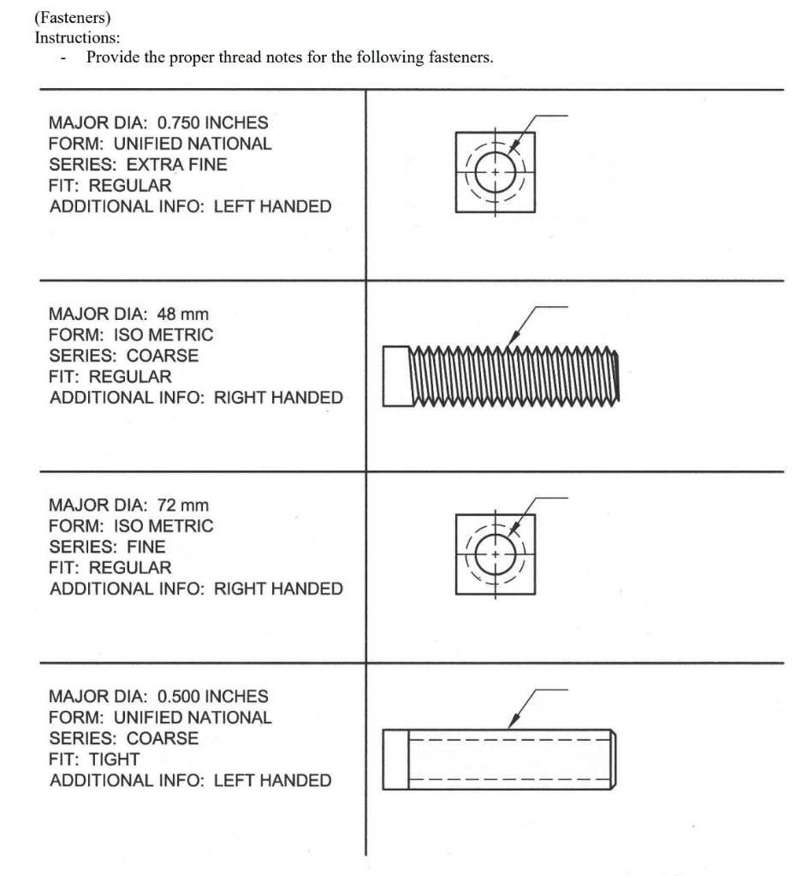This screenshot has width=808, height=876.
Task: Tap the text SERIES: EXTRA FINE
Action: point(139,164)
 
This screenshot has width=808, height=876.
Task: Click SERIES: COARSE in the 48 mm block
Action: point(123,356)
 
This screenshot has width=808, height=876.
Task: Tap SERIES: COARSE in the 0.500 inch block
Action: point(123,738)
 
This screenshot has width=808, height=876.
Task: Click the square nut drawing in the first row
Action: point(496,172)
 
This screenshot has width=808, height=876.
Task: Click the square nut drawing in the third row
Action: point(496,554)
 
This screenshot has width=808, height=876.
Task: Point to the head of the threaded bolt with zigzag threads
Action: point(397,376)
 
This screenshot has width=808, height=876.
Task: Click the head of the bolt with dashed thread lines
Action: point(395,759)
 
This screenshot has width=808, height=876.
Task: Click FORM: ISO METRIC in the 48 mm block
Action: point(131,334)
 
